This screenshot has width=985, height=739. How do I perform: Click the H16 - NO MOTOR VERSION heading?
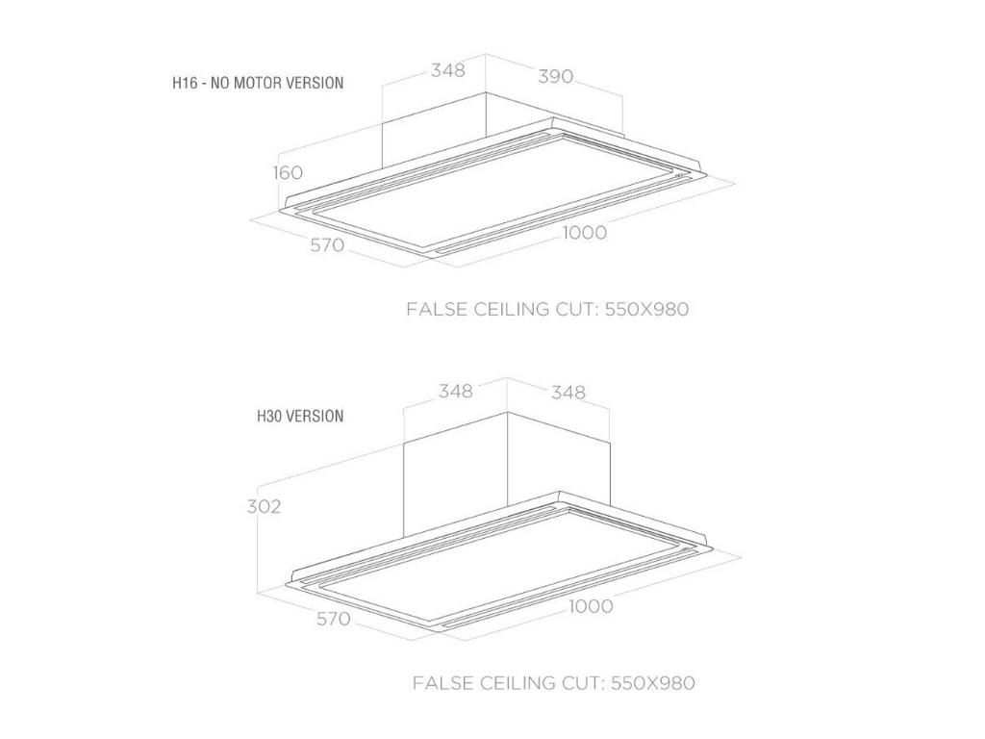pyautogui.click(x=258, y=83)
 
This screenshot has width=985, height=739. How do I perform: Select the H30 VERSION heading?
pyautogui.click(x=300, y=416)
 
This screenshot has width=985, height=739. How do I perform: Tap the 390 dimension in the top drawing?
pyautogui.click(x=555, y=77)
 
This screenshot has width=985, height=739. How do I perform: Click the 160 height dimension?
pyautogui.click(x=288, y=172)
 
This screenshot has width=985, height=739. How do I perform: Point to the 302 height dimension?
pyautogui.click(x=264, y=506)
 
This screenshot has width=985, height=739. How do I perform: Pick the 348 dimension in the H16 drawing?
pyautogui.click(x=448, y=69)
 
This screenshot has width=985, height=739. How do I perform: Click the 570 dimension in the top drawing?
pyautogui.click(x=327, y=244)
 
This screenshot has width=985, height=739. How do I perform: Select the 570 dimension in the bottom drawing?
pyautogui.click(x=333, y=619)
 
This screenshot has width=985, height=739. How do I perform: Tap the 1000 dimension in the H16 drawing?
pyautogui.click(x=584, y=233)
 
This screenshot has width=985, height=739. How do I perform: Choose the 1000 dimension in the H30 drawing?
pyautogui.click(x=591, y=606)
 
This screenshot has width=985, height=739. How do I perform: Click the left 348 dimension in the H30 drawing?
pyautogui.click(x=455, y=391)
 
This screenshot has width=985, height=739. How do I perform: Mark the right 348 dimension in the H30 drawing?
pyautogui.click(x=568, y=393)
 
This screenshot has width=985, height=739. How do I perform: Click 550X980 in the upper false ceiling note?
pyautogui.click(x=647, y=309)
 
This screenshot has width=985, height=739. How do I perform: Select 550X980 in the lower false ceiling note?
pyautogui.click(x=653, y=683)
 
